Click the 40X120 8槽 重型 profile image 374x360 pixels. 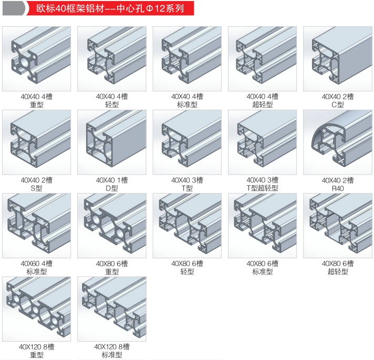coord(37,309)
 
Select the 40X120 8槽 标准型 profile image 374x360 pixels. coord(112,309)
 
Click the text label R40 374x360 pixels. coord(337,188)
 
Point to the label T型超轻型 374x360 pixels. coord(262,188)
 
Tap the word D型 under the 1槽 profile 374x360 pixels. coord(112,188)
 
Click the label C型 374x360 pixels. coord(337,104)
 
